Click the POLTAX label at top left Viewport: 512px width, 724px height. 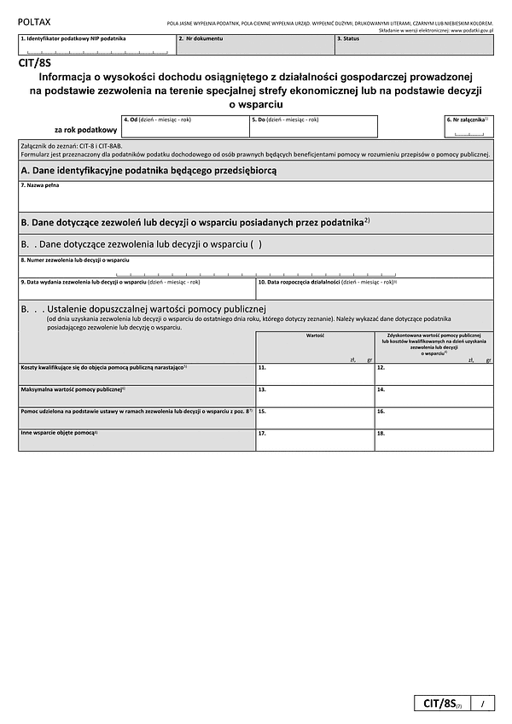pos(33,19)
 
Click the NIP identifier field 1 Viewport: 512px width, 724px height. pos(96,44)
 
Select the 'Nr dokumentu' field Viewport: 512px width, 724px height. pos(254,44)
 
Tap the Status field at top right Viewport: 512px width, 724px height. pos(413,44)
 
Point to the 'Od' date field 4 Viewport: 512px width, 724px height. pos(184,126)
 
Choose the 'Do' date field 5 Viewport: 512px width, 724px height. pos(312,126)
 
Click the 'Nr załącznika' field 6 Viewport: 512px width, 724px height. pos(468,126)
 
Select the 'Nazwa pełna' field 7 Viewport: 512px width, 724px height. pos(255,196)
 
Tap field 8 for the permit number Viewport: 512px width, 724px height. pos(255,266)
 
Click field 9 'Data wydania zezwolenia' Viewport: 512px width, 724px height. pos(137,289)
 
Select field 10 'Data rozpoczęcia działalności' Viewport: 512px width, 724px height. pos(374,289)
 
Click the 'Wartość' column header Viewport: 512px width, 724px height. pos(315,336)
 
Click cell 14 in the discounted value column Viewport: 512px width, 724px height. pos(433,395)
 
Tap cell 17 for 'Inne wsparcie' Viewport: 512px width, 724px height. pos(315,440)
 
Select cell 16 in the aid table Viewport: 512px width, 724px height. pos(433,417)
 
